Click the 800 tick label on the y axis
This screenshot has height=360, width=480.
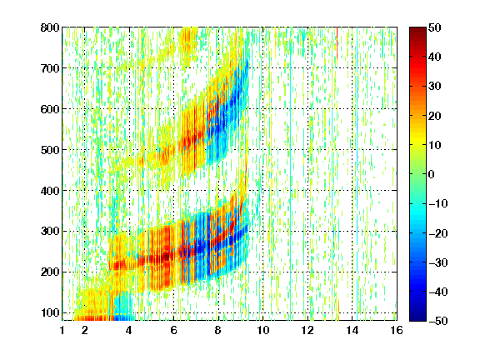(50, 27)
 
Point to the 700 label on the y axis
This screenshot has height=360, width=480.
(50, 68)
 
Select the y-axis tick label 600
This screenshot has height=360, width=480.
(50, 109)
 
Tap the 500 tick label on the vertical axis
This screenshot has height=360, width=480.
(50, 150)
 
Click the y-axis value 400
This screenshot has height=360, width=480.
(50, 191)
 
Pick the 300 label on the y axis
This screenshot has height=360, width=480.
(50, 232)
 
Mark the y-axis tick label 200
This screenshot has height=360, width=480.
(50, 272)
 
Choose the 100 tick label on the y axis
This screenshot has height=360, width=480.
(50, 312)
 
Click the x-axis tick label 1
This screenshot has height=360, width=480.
(62, 331)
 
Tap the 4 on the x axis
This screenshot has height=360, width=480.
(129, 331)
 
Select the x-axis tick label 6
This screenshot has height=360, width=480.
(173, 331)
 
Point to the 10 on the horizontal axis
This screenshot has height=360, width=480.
(263, 331)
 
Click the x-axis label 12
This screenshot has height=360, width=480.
(307, 331)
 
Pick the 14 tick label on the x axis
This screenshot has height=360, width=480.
(352, 331)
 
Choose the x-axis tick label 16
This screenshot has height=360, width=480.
(397, 331)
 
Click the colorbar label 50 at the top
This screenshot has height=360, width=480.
(435, 27)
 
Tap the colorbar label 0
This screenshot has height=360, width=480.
(432, 174)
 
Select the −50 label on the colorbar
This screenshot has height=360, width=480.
(438, 321)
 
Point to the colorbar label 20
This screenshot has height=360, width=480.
(435, 116)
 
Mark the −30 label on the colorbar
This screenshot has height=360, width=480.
(438, 262)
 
